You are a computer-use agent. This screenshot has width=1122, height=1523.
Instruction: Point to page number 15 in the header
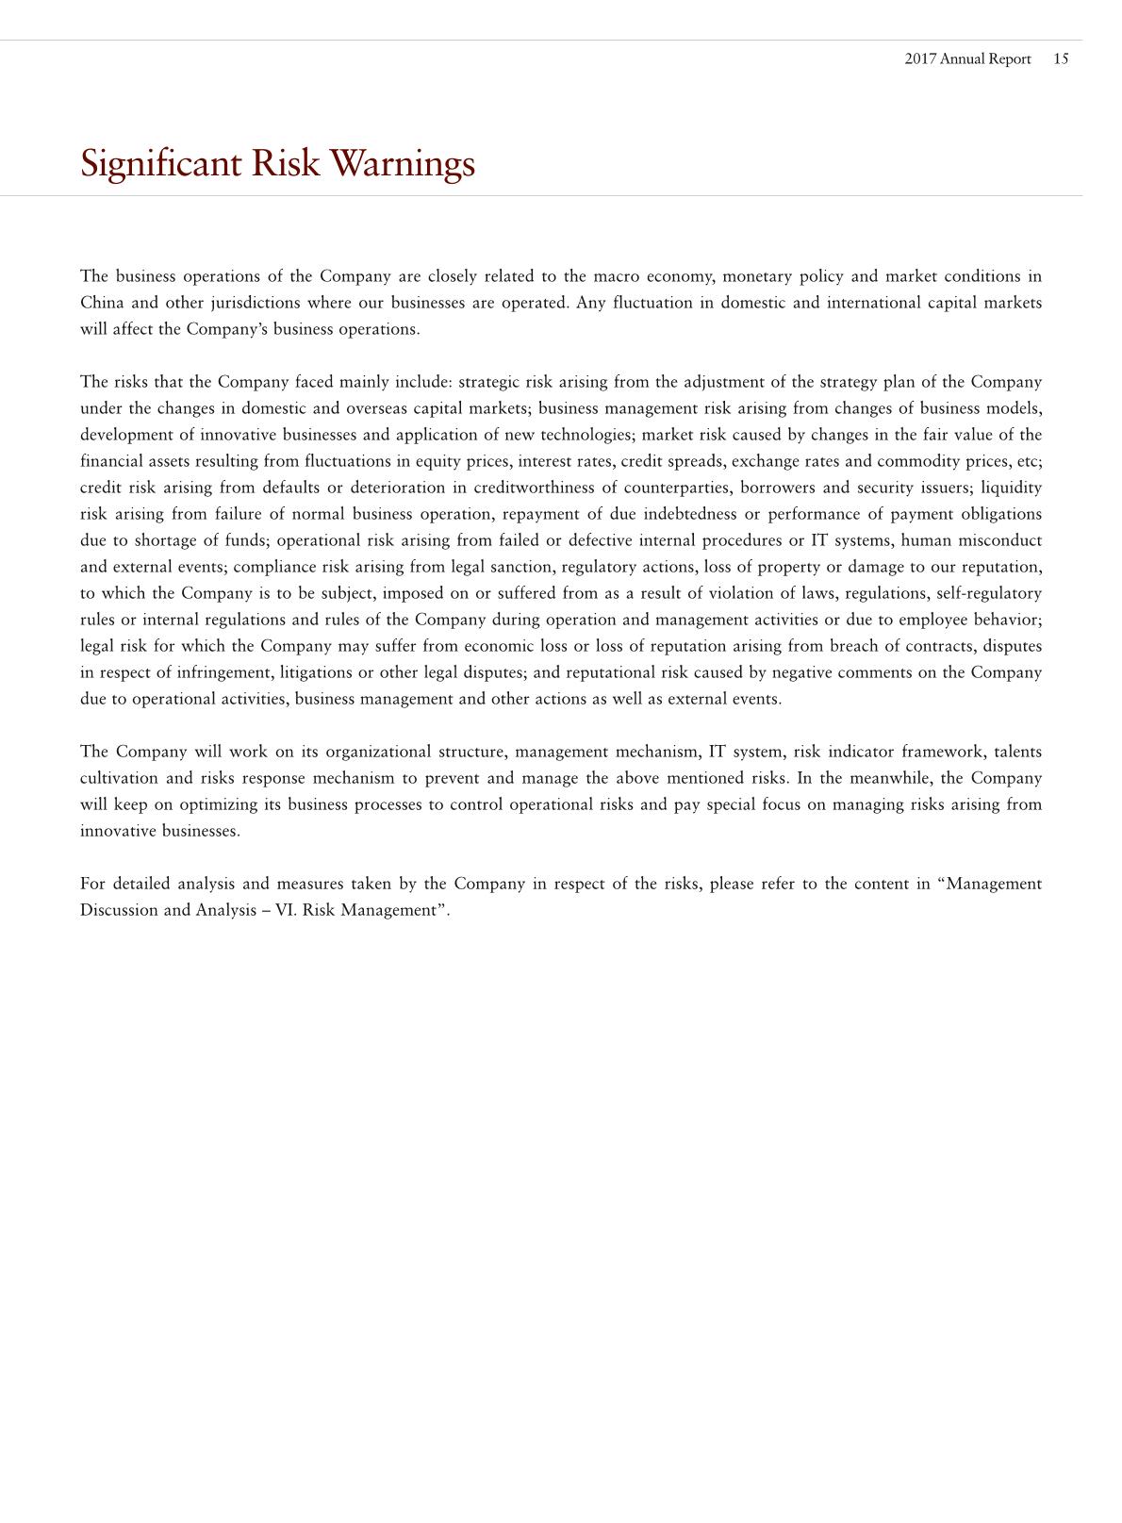click(x=1061, y=58)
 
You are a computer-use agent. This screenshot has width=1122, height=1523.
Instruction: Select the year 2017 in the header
click(x=920, y=58)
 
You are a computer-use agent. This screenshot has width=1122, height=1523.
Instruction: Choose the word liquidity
click(x=1011, y=488)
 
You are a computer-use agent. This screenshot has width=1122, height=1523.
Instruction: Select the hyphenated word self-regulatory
click(x=989, y=593)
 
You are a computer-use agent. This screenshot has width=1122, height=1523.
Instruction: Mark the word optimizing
click(x=218, y=804)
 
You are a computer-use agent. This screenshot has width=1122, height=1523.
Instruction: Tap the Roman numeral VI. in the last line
click(x=285, y=910)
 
